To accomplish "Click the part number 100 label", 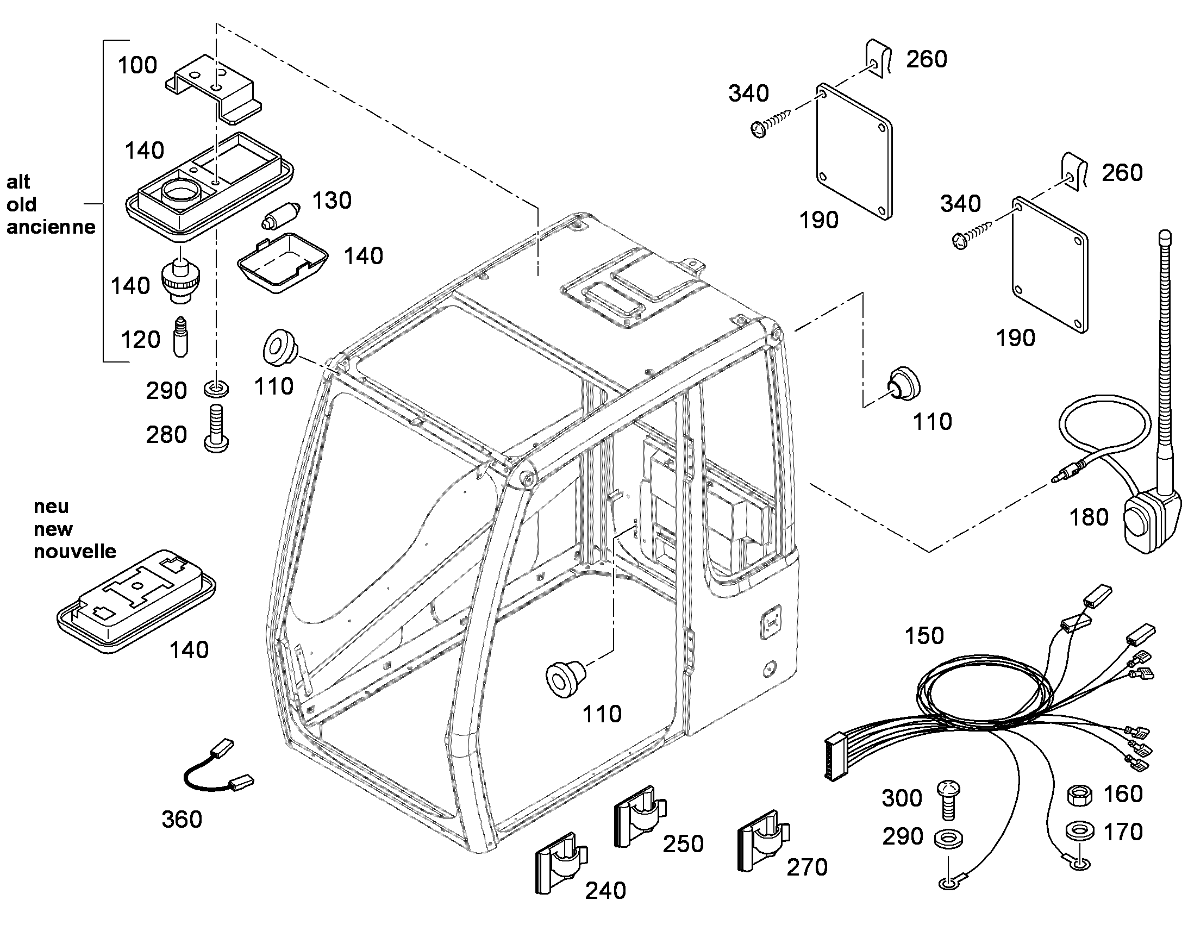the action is click(x=137, y=65).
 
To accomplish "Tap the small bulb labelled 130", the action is click(x=280, y=215).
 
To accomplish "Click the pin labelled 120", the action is click(x=180, y=337).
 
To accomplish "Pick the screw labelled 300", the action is click(x=948, y=799).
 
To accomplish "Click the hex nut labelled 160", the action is click(x=1079, y=795).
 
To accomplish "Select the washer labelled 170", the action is click(x=1079, y=830).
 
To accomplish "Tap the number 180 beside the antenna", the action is click(x=1089, y=517).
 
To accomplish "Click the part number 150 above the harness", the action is click(x=924, y=635).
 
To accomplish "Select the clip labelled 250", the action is click(x=640, y=816).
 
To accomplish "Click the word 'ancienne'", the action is click(x=51, y=227).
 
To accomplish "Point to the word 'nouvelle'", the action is click(x=74, y=552).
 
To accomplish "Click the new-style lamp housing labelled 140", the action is click(x=136, y=601).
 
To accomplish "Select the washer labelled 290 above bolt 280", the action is click(x=216, y=389).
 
